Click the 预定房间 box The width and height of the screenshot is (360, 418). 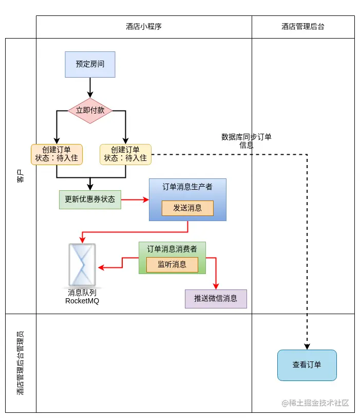(x=90, y=64)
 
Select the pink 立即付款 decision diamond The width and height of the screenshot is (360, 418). (x=90, y=111)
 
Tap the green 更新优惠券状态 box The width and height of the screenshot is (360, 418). (x=90, y=199)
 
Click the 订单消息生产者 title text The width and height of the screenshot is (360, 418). (x=187, y=187)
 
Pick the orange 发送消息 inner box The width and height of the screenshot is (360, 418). (x=187, y=208)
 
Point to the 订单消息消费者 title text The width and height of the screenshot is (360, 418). (x=172, y=249)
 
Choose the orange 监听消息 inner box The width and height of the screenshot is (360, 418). (x=172, y=264)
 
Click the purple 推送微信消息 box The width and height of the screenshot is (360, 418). (x=216, y=299)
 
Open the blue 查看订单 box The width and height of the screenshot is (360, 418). (x=307, y=365)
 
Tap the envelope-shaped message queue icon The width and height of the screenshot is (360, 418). (x=82, y=265)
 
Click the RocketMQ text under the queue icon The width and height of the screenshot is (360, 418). (x=82, y=301)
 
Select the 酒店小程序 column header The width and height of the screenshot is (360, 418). (x=144, y=27)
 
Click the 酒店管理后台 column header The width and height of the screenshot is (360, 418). (x=303, y=27)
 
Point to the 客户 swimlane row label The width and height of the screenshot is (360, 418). (x=20, y=176)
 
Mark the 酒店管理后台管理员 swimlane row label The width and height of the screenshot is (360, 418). (x=20, y=363)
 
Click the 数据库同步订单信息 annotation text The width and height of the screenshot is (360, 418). (x=247, y=141)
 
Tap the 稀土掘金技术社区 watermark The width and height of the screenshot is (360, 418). (x=315, y=403)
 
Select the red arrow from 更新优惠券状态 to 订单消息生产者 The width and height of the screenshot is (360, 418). (x=135, y=199)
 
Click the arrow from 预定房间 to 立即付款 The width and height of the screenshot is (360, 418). (x=90, y=87)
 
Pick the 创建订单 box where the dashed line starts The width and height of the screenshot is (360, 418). (x=125, y=154)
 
